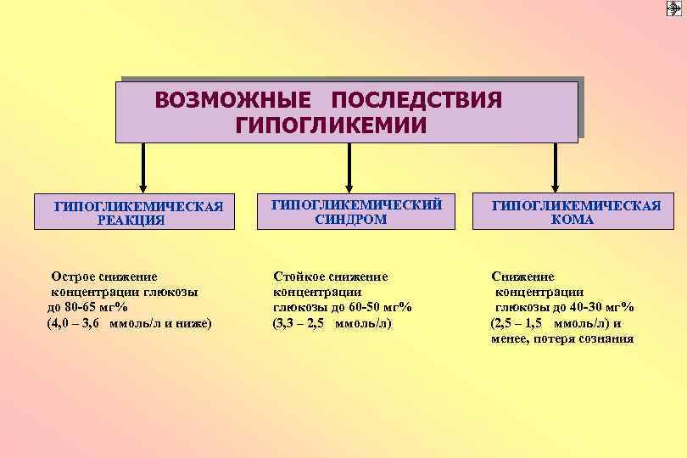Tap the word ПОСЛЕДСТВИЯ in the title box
point(418,100)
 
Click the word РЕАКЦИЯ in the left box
point(131,221)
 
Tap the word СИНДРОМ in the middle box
point(350,219)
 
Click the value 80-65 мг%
point(93,307)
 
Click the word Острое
point(77,276)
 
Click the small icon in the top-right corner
point(674,8)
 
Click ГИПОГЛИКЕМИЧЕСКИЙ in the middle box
point(356,204)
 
